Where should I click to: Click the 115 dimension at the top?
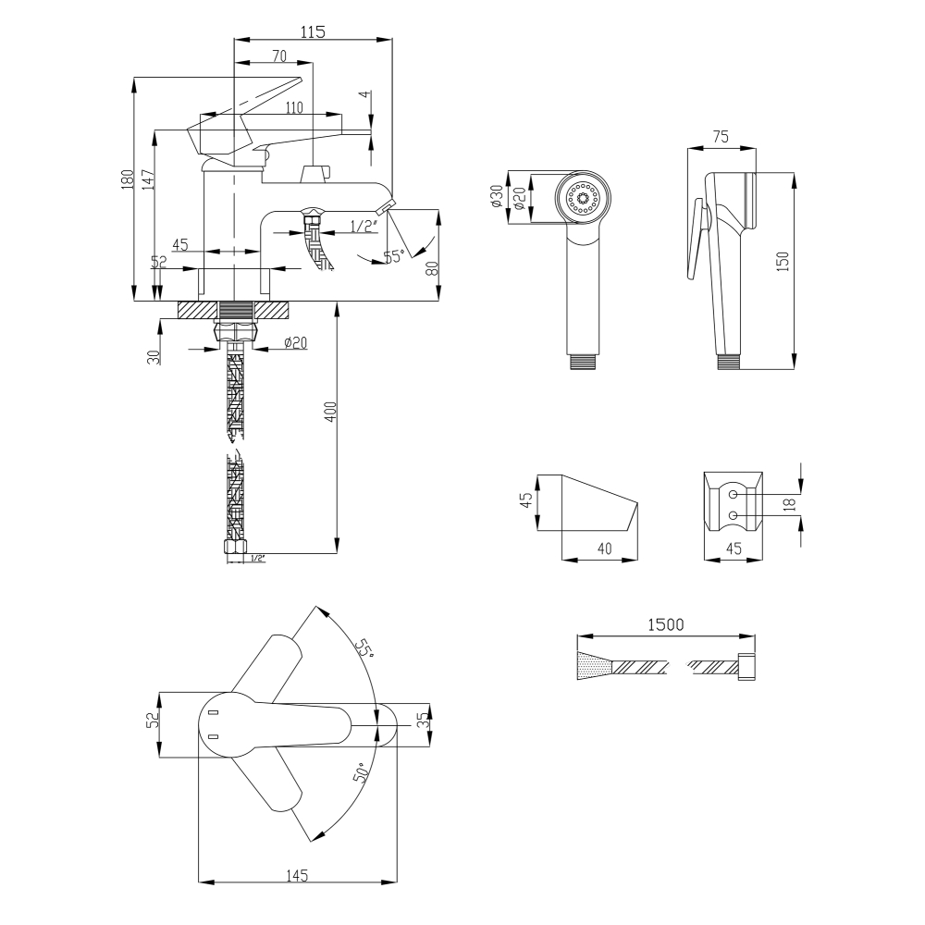click(x=314, y=31)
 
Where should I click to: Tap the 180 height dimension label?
click(x=128, y=179)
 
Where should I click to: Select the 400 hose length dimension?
click(x=330, y=412)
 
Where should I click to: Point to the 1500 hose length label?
click(x=665, y=624)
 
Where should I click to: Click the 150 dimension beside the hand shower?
click(x=783, y=262)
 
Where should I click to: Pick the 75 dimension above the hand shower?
click(x=721, y=136)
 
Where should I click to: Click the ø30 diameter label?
click(x=496, y=196)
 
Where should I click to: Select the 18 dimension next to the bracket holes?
click(x=790, y=504)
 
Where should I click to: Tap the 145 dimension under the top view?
click(x=297, y=875)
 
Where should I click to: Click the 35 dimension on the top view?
click(x=421, y=721)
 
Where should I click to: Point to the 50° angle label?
click(x=362, y=772)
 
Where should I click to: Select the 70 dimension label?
click(x=279, y=55)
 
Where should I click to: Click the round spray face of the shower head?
click(x=583, y=198)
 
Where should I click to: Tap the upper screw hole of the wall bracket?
click(x=733, y=494)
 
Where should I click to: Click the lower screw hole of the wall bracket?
click(x=733, y=515)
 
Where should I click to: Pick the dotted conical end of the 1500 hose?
click(x=595, y=665)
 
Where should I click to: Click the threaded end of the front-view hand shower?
click(x=584, y=362)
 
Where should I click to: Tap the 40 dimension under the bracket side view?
click(x=605, y=549)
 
